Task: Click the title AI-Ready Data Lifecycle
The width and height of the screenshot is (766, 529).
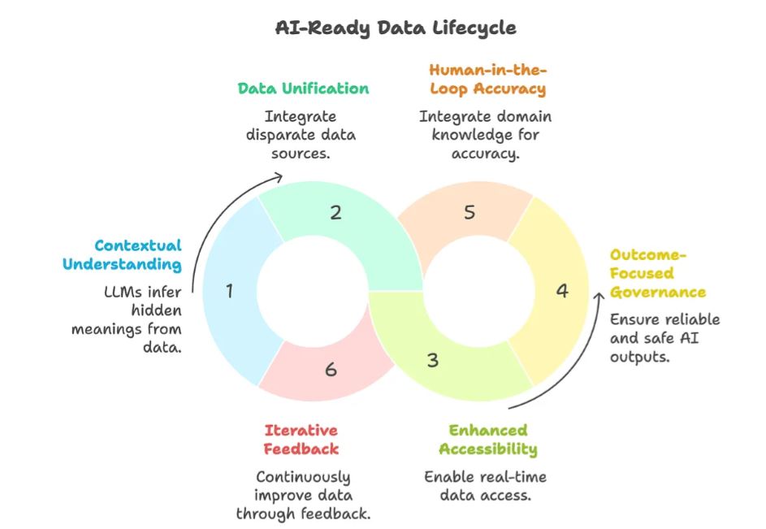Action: point(396,27)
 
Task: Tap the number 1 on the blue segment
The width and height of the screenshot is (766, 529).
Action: point(230,290)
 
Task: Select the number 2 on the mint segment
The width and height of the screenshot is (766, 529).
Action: point(335,213)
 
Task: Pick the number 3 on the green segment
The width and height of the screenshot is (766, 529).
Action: point(433,359)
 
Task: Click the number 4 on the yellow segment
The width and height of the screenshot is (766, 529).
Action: point(562,290)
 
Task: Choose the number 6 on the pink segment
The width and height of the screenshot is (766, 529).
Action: point(330,370)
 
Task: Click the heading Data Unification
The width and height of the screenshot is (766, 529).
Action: point(303,88)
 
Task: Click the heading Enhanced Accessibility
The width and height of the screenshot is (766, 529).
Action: point(487,439)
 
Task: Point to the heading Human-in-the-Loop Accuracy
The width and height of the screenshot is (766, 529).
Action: point(487,80)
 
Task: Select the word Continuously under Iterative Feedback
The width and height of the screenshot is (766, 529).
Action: point(303,477)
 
